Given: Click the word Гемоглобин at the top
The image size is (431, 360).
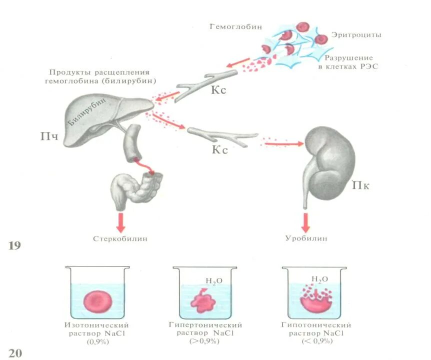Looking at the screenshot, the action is pyautogui.click(x=235, y=26).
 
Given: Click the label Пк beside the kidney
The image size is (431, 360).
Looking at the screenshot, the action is pyautogui.click(x=360, y=186).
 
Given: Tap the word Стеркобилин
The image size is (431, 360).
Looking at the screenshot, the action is pyautogui.click(x=120, y=238).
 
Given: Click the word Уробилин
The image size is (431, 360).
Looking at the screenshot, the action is pyautogui.click(x=306, y=238).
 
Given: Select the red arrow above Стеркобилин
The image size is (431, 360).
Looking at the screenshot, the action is pyautogui.click(x=120, y=221).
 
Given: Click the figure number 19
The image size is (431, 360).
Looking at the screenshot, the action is pyautogui.click(x=16, y=245).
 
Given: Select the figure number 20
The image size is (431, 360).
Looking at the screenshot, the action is pyautogui.click(x=15, y=353).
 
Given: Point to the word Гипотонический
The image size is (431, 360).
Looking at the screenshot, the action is pyautogui.click(x=316, y=325).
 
